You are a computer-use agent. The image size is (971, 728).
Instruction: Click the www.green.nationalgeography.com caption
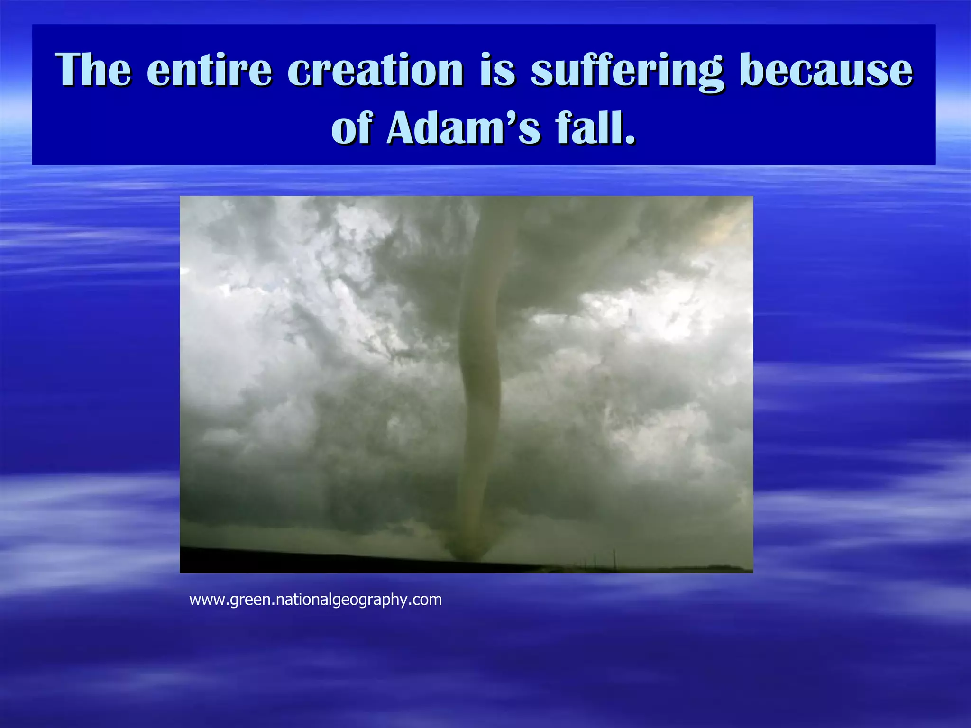click(315, 600)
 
